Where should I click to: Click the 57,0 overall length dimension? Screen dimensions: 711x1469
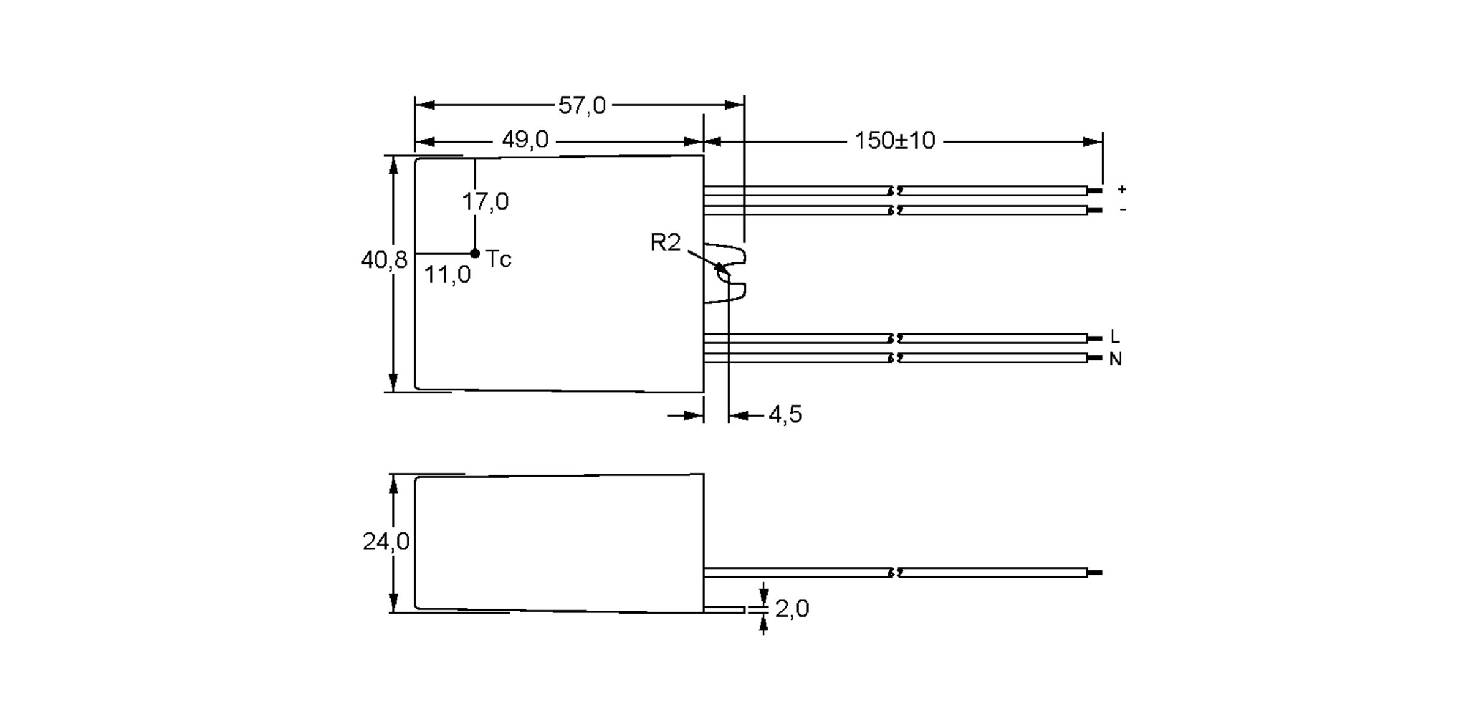tap(581, 106)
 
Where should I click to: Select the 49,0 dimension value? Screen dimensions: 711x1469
tap(525, 141)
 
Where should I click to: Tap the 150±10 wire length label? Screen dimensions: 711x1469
tap(894, 141)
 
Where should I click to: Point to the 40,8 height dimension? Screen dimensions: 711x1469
tap(383, 261)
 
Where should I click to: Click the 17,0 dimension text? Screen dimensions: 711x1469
tap(485, 202)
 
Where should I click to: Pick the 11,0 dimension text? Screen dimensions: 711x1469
tap(447, 275)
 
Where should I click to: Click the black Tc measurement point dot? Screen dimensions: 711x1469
tap(475, 253)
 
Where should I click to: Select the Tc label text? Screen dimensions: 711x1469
tap(498, 259)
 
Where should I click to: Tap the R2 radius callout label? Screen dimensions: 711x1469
tap(665, 243)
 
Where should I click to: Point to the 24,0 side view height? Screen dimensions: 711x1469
tap(386, 542)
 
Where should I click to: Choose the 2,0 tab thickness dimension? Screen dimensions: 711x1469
tap(791, 609)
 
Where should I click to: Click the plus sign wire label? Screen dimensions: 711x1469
tap(1121, 190)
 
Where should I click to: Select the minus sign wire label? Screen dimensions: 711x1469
tap(1122, 210)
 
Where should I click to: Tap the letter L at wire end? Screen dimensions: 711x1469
tap(1115, 337)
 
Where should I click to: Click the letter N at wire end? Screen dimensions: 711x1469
tap(1115, 359)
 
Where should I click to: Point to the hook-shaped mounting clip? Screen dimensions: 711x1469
tap(731, 274)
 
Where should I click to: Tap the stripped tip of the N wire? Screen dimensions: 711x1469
tap(1094, 358)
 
